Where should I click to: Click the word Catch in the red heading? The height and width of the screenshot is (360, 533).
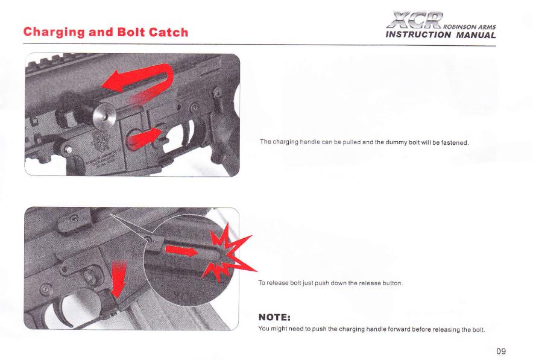pos(168,33)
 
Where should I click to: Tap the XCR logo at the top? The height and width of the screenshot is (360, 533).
pos(415,20)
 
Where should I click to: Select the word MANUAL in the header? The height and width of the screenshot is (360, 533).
pos(476,35)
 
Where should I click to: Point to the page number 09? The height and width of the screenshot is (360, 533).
pos(500,351)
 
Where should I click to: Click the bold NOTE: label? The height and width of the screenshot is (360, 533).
pos(274,318)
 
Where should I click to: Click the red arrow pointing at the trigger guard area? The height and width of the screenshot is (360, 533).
pos(143,137)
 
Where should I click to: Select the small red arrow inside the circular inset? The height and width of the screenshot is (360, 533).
pos(181,251)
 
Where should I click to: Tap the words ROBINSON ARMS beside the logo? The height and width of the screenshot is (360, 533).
pos(470,27)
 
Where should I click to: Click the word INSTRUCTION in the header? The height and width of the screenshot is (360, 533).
pos(418,35)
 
